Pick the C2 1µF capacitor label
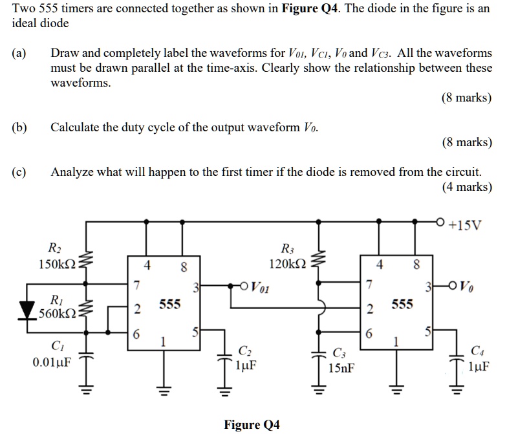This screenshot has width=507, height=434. point(245,358)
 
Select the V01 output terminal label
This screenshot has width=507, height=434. point(259,285)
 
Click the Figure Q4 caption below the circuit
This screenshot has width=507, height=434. point(252,424)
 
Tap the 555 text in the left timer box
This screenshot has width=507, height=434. point(169,303)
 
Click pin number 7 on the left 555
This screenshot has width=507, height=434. point(136,285)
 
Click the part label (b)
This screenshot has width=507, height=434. point(19,127)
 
